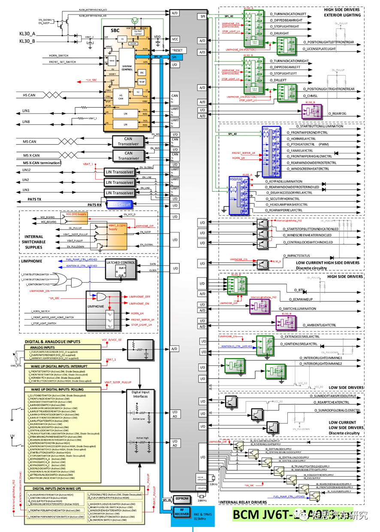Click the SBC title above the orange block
(115, 31)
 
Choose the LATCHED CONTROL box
(121, 262)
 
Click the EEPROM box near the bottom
(182, 499)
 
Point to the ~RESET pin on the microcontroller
(177, 51)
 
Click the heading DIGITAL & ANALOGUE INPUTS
(52, 341)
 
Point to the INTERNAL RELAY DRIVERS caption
(242, 502)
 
